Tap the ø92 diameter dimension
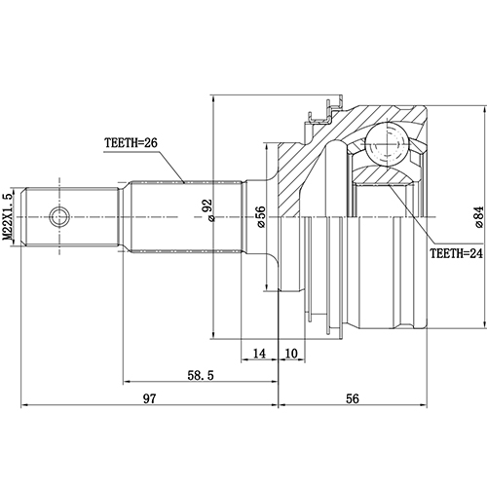pos(206,209)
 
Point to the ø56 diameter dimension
pos(261,216)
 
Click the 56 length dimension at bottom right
pos(353,397)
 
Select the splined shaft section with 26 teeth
pos(185,215)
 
